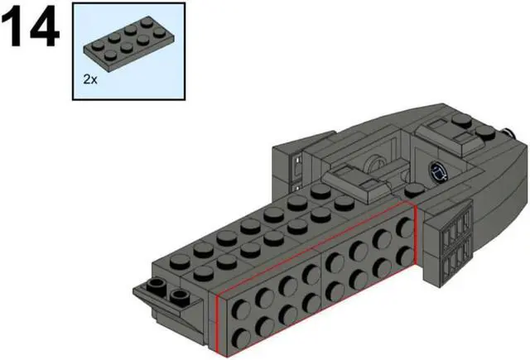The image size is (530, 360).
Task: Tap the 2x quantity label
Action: pyautogui.click(x=90, y=80)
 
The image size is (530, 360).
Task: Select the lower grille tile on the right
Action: pyautogui.click(x=454, y=261)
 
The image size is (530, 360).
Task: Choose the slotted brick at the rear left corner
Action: pyautogui.click(x=291, y=170)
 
